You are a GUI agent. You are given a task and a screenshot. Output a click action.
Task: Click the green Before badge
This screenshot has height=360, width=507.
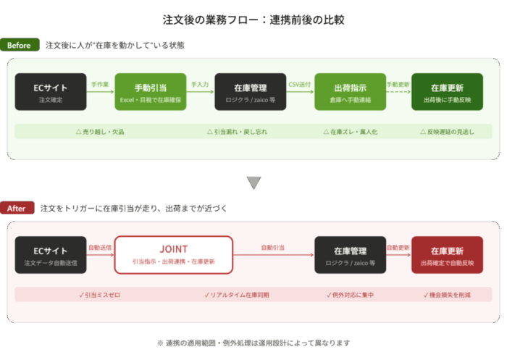tap(20, 46)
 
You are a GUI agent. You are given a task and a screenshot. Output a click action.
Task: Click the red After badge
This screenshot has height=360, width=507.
tap(17, 209)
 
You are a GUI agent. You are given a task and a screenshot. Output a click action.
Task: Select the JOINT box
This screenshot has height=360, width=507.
tap(174, 254)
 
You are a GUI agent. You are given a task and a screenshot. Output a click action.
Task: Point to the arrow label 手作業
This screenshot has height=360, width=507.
tap(100, 85)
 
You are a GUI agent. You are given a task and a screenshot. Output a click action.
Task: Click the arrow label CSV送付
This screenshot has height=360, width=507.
tap(299, 85)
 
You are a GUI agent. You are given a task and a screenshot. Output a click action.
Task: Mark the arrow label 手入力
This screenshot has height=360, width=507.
tap(200, 85)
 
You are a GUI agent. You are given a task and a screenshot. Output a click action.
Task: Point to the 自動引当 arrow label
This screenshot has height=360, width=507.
tap(272, 248)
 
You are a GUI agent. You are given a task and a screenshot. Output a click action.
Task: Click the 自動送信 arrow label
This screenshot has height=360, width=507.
tap(100, 248)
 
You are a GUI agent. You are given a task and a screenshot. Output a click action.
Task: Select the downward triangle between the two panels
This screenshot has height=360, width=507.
tap(253, 183)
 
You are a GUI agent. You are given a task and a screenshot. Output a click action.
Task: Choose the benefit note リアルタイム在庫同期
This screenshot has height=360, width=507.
tap(236, 295)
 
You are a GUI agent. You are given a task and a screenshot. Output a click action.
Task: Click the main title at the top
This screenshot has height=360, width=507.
tap(253, 20)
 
